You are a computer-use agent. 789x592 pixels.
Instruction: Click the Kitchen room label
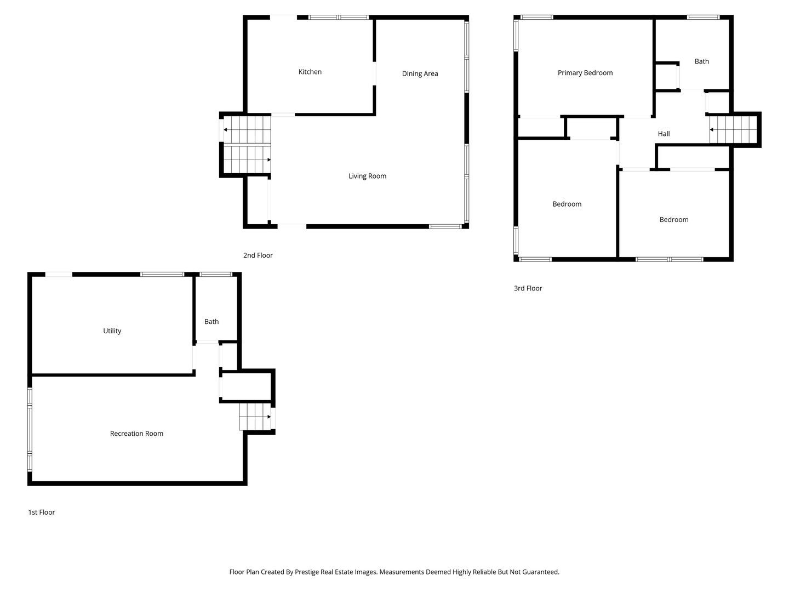pyautogui.click(x=310, y=72)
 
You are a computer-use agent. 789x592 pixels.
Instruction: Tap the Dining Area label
pyautogui.click(x=420, y=73)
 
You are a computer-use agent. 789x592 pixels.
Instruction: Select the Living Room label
pyautogui.click(x=367, y=176)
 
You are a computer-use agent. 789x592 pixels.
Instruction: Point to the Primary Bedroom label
pyautogui.click(x=585, y=73)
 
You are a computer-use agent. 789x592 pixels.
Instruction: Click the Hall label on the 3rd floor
pyautogui.click(x=664, y=134)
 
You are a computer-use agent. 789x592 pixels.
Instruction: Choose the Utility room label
pyautogui.click(x=112, y=331)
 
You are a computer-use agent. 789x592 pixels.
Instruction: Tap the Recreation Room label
pyautogui.click(x=136, y=434)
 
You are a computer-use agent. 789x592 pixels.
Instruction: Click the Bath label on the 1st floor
pyautogui.click(x=211, y=322)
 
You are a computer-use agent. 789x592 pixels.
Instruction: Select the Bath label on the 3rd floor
pyautogui.click(x=701, y=61)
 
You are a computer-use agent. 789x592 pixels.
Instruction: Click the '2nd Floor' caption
pyautogui.click(x=258, y=255)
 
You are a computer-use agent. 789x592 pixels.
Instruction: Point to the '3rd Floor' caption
pyautogui.click(x=528, y=288)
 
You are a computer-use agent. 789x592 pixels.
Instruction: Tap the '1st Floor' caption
pyautogui.click(x=42, y=513)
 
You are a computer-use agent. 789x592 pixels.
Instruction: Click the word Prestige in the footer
pyautogui.click(x=308, y=572)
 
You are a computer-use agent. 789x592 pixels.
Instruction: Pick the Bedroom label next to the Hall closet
pyautogui.click(x=673, y=220)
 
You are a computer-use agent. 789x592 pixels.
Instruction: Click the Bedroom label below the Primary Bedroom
pyautogui.click(x=567, y=204)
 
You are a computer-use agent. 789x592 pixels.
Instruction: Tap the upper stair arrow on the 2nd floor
pyautogui.click(x=226, y=130)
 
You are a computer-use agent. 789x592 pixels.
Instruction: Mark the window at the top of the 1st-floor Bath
pyautogui.click(x=215, y=274)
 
